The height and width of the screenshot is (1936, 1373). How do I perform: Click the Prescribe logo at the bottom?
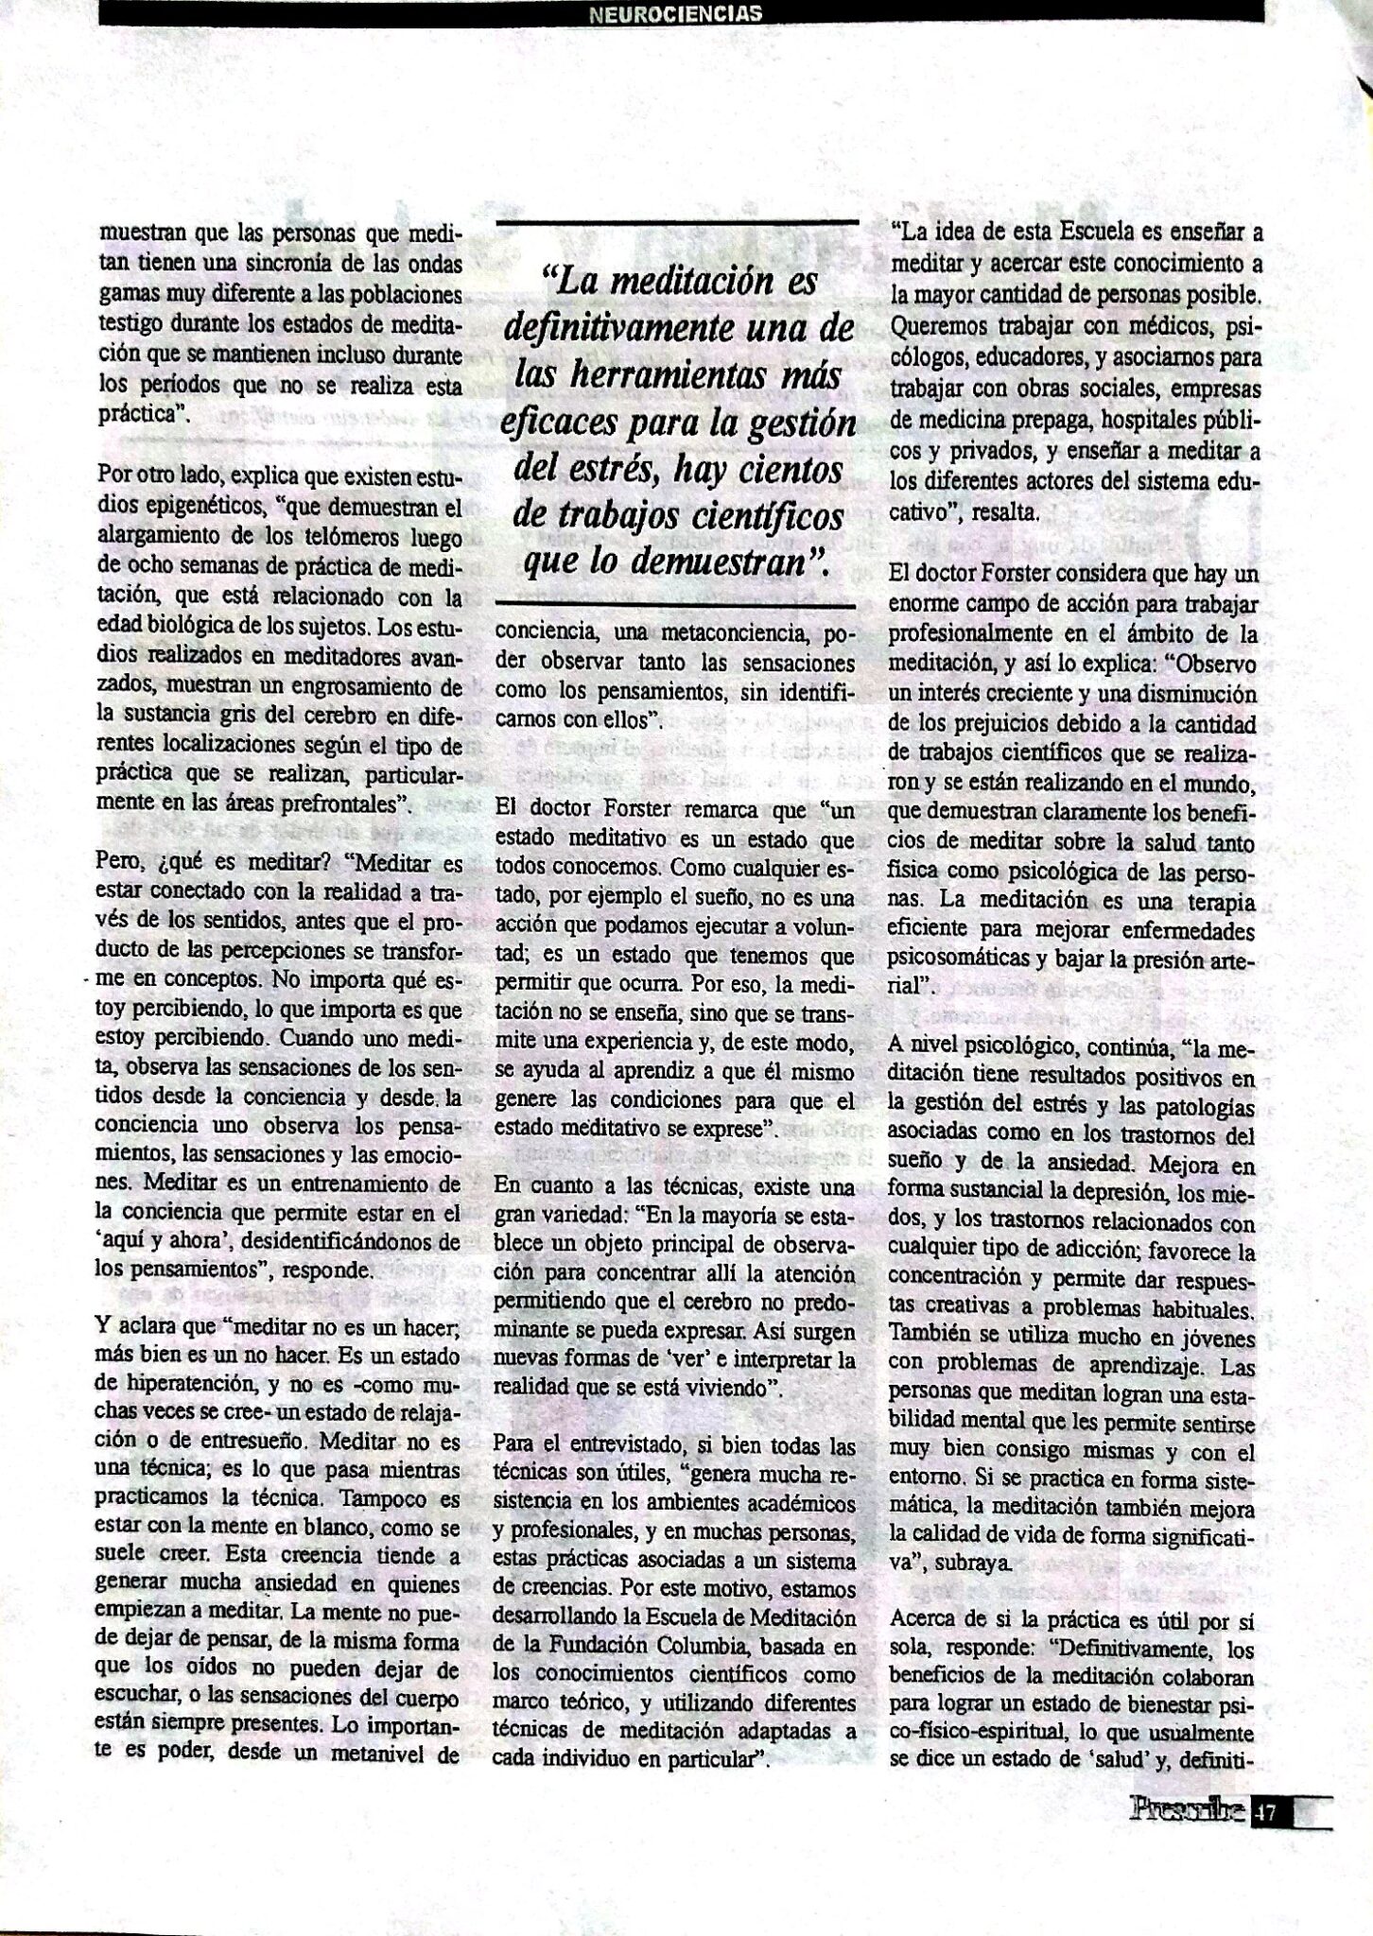coord(1187,1810)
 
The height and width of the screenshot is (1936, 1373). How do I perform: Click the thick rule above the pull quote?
coord(677,221)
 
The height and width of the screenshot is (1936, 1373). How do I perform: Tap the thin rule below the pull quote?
coord(677,602)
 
